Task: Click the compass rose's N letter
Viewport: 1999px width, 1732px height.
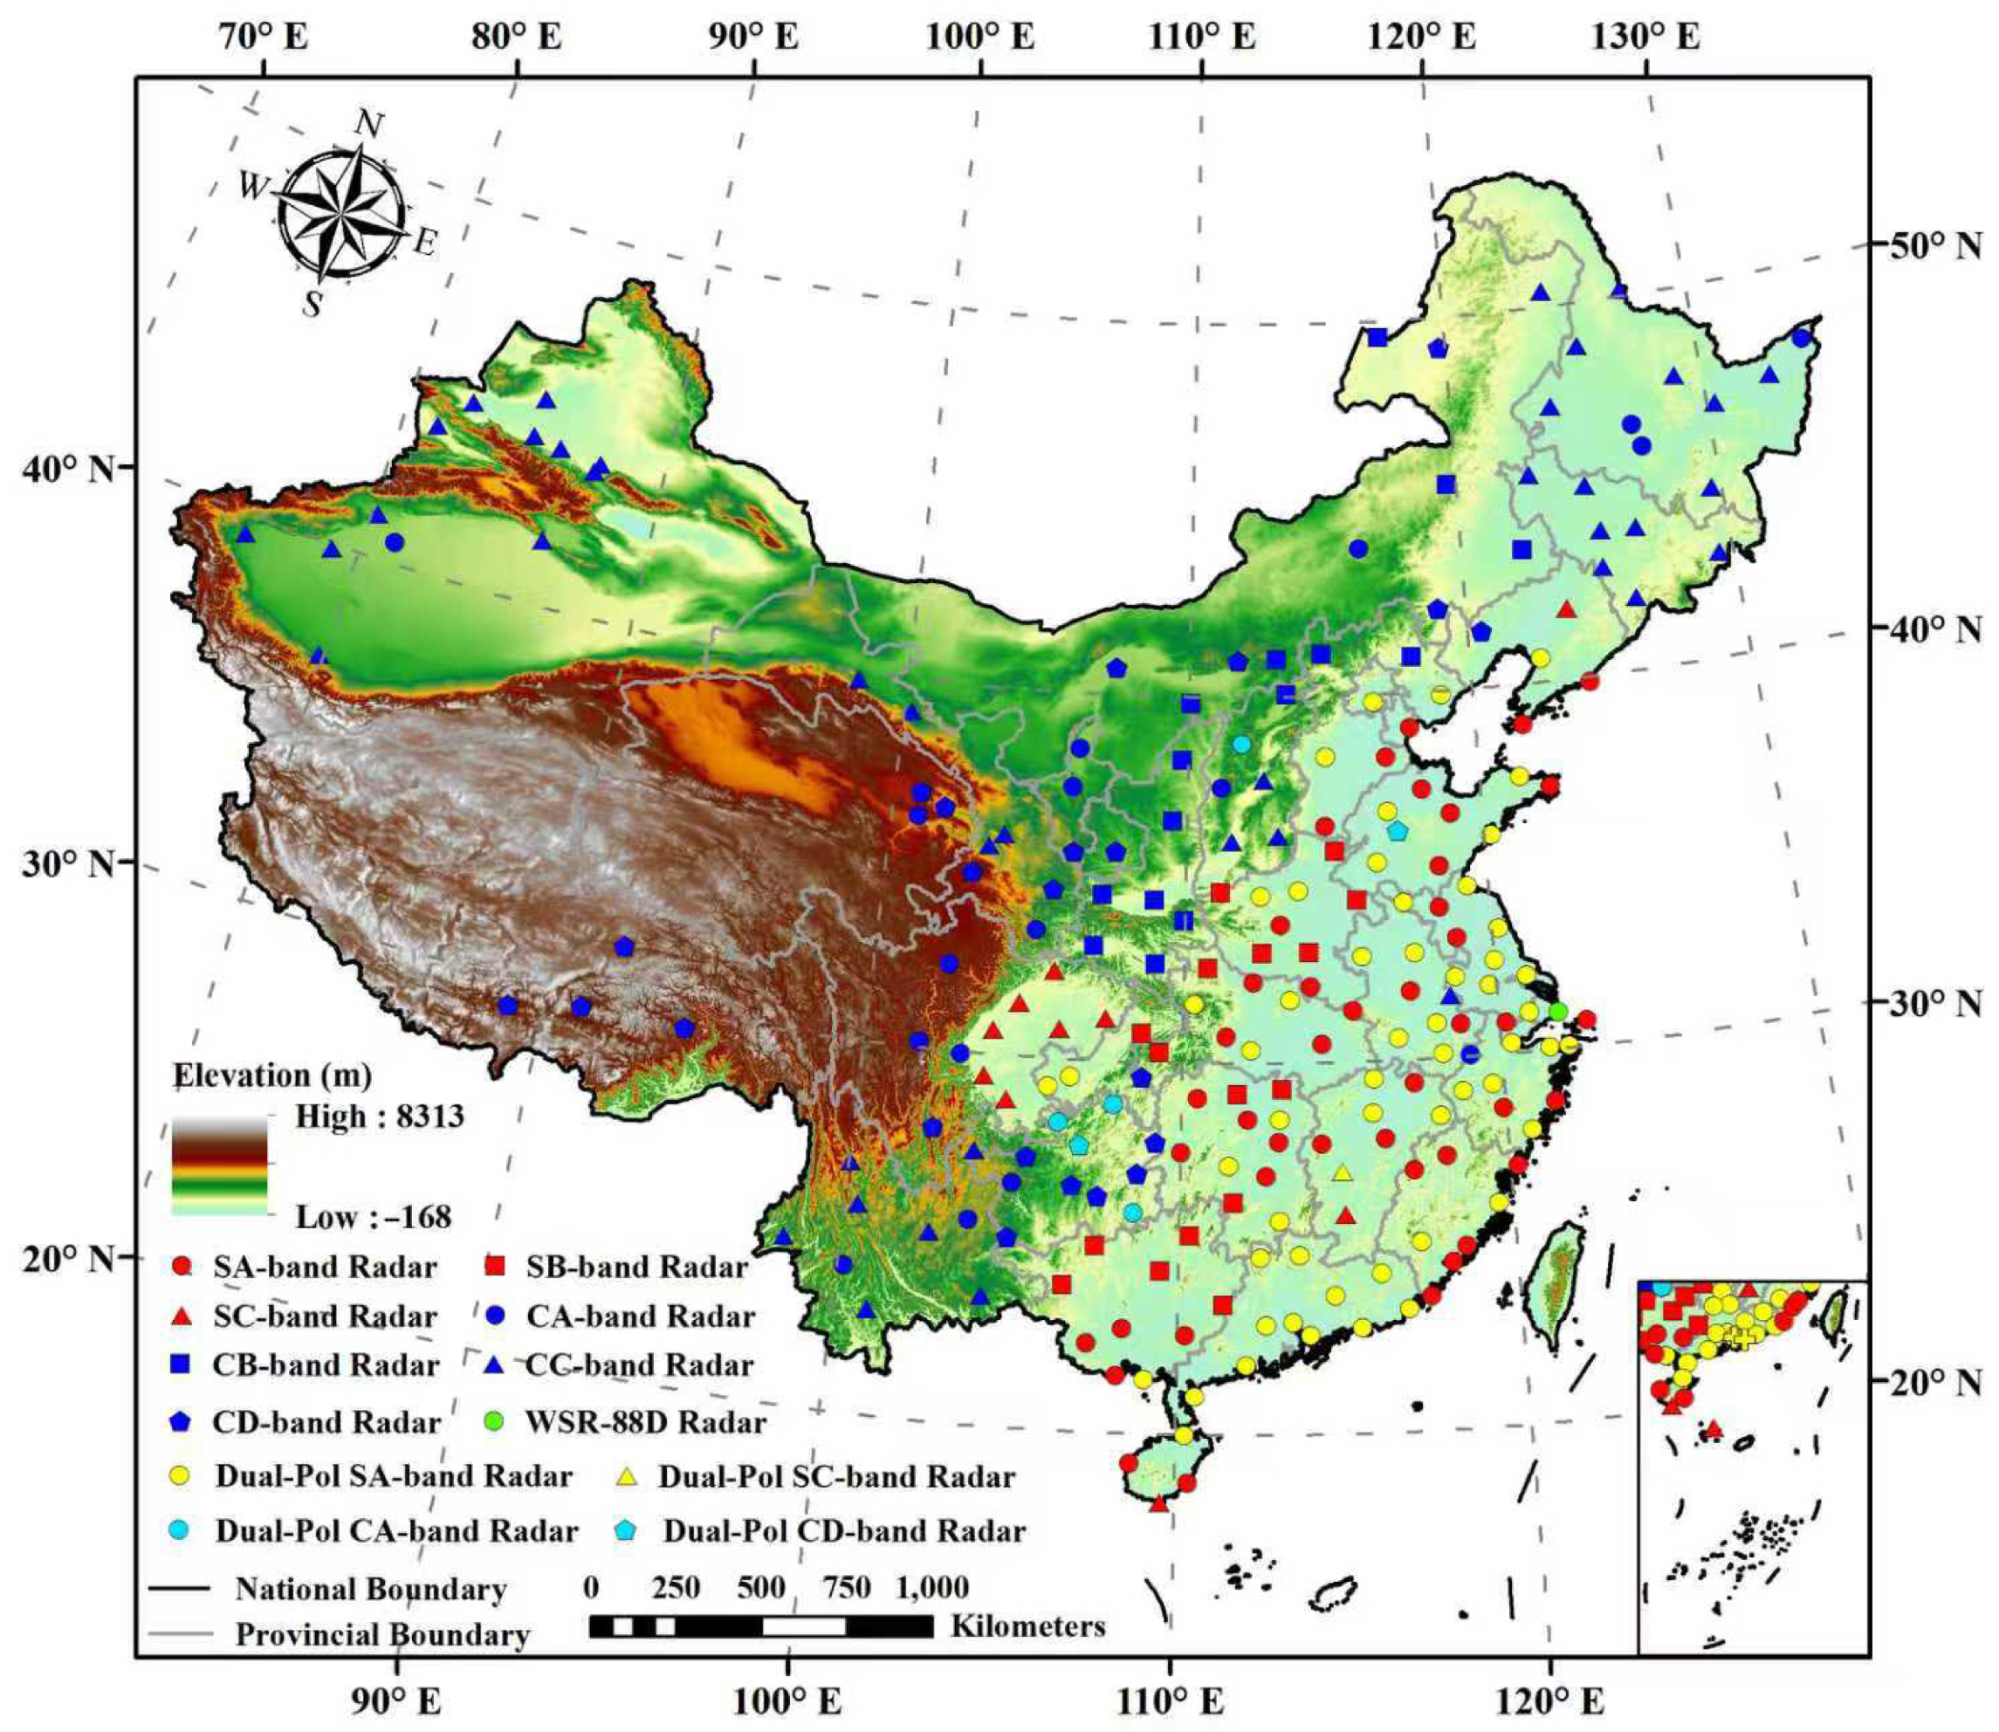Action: tap(370, 124)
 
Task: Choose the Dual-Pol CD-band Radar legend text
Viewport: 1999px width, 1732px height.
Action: tap(844, 1531)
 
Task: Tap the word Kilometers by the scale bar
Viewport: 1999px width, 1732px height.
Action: tap(1027, 1625)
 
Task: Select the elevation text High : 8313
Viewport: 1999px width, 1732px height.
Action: tap(380, 1117)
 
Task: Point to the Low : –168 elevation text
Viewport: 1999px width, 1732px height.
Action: tap(373, 1217)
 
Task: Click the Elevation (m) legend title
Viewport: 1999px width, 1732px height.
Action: tap(272, 1075)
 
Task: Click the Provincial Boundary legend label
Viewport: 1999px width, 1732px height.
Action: tap(383, 1634)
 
